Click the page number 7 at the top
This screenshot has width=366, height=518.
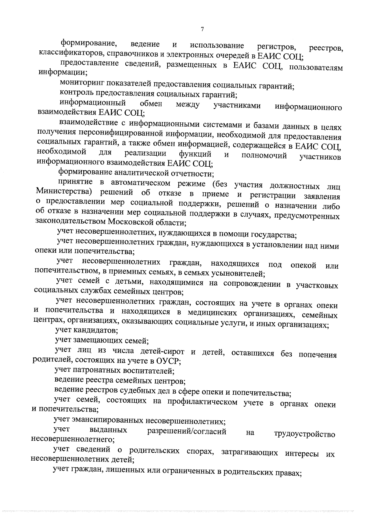[x=202, y=29]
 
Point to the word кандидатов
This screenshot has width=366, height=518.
[x=95, y=330]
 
